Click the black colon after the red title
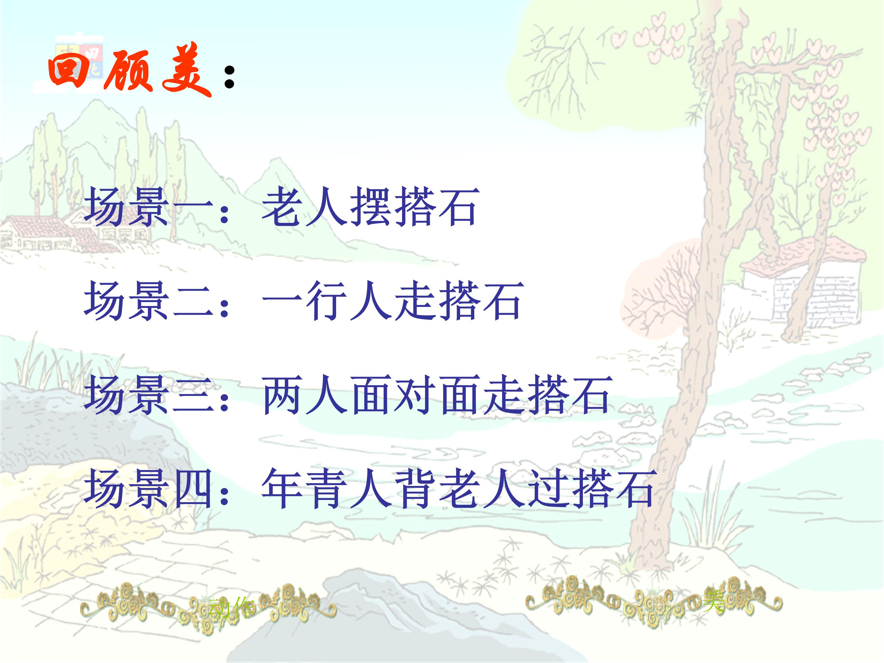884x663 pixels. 229,77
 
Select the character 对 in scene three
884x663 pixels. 416,395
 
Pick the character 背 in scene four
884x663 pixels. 416,488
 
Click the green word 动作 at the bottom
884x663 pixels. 231,607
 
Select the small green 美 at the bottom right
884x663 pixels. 713,601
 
